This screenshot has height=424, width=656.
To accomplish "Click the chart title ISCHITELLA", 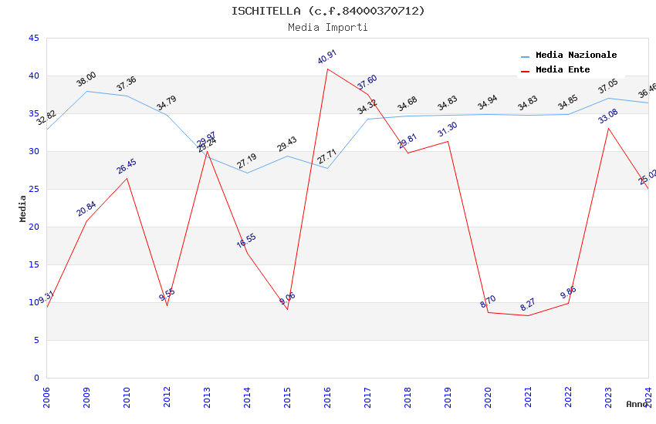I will [328, 11].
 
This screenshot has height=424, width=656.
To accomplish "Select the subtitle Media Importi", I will [328, 27].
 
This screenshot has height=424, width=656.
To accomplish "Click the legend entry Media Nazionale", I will [576, 56].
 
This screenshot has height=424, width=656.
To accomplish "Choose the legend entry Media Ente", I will [563, 70].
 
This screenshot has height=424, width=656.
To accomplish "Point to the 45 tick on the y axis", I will [33, 38].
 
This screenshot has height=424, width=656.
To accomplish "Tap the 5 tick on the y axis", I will [36, 340].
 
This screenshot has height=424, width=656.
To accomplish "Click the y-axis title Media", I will [23, 208].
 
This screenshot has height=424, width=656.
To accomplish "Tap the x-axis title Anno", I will [637, 404].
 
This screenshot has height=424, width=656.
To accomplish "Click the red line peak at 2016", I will [327, 69].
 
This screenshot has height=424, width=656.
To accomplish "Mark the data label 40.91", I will [327, 58].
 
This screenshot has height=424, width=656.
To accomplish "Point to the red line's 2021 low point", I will [528, 315].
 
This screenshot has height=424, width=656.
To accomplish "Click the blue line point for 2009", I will [86, 91].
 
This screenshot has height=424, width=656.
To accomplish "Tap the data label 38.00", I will [86, 79].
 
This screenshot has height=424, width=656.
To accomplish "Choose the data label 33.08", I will [608, 116].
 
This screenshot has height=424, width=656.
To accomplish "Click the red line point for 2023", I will [608, 128].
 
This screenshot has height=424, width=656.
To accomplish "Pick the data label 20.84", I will [86, 209].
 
